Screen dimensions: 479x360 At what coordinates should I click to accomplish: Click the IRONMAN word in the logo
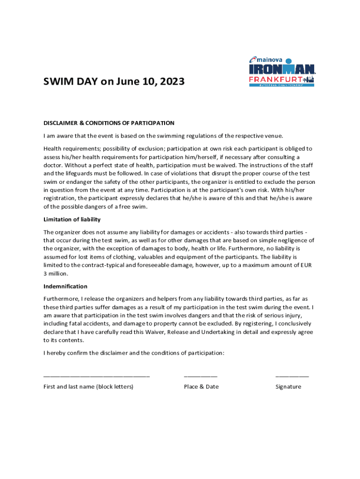(x=282, y=69)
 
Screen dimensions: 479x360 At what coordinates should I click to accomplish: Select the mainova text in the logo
(x=269, y=59)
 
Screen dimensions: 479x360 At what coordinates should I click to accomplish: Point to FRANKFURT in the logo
(x=276, y=80)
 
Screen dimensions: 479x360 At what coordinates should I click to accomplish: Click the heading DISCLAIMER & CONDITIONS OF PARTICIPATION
(x=108, y=123)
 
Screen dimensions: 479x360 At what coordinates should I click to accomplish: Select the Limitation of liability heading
(x=72, y=219)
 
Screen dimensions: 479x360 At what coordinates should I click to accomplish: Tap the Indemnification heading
(x=65, y=286)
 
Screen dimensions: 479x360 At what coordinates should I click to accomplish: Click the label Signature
(x=288, y=387)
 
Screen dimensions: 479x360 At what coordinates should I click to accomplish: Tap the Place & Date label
(x=201, y=387)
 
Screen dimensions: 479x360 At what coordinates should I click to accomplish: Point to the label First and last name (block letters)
(x=88, y=387)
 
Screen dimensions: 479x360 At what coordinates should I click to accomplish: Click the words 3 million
(x=56, y=274)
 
